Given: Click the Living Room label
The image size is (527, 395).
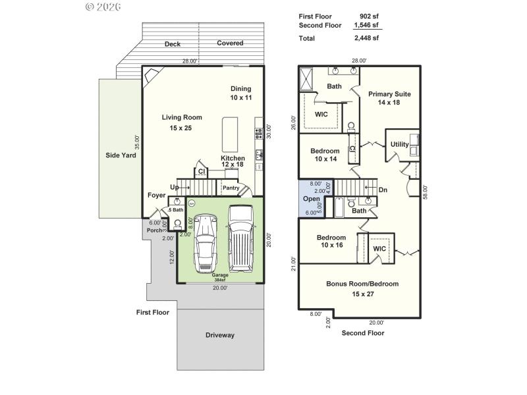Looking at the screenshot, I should click(182, 118).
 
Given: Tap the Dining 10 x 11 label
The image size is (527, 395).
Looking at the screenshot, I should click(240, 93).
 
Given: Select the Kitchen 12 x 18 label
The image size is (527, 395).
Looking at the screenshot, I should click(233, 161).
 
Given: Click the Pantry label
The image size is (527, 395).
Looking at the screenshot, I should click(231, 188).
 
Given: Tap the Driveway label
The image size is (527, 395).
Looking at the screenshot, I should click(219, 335).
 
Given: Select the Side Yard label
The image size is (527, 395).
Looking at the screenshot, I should click(120, 156).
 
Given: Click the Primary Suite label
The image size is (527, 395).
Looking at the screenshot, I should click(389, 98).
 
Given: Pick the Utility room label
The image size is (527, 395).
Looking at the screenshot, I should click(399, 145).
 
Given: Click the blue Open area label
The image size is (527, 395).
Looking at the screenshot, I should click(311, 199).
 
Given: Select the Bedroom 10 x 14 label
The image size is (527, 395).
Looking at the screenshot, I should click(325, 155).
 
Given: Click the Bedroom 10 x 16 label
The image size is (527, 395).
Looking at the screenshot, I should click(331, 242).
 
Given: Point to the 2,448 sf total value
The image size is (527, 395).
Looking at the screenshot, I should click(366, 38).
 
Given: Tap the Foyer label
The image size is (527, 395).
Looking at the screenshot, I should click(156, 195).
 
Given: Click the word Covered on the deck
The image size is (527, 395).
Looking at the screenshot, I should click(230, 43).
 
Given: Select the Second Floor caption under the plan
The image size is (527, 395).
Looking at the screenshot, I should click(362, 333).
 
